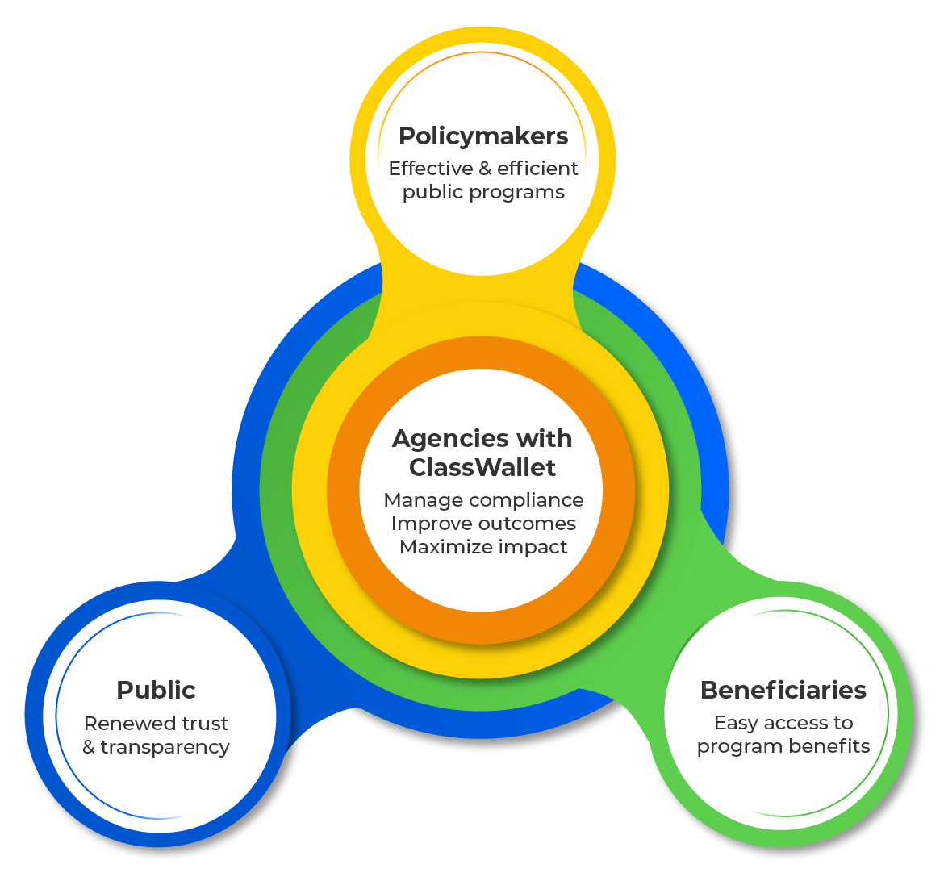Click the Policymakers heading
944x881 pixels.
pos(483,136)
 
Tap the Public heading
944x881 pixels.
pos(156,691)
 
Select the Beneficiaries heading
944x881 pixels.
pos(783,691)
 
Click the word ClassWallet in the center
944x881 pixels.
pos(482,467)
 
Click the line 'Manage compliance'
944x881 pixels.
pos(483,500)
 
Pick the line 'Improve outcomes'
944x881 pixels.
pos(483,524)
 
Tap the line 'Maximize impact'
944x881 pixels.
pos(483,547)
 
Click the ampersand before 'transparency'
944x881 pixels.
pos(89,748)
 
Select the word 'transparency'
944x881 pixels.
pos(165,748)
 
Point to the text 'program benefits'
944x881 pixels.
pos(783,747)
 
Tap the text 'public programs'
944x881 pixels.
pos(483,193)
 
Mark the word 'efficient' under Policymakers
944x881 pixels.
pos(537,169)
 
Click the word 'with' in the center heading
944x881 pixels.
pos(545,439)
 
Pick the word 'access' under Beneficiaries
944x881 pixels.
pos(792,724)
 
